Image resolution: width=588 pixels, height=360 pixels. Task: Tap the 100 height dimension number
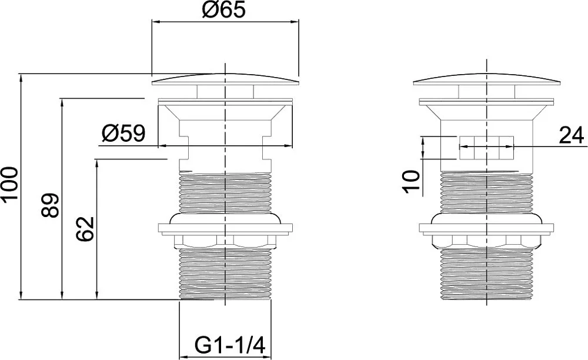9,185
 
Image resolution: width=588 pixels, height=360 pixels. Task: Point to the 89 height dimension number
50,205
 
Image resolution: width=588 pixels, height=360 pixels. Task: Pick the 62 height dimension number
84,229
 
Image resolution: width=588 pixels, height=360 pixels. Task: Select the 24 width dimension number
572,135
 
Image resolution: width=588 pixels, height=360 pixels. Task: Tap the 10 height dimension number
411,182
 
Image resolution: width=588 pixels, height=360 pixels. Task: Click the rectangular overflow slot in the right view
486,148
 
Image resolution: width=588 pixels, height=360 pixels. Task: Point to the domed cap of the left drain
225,79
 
